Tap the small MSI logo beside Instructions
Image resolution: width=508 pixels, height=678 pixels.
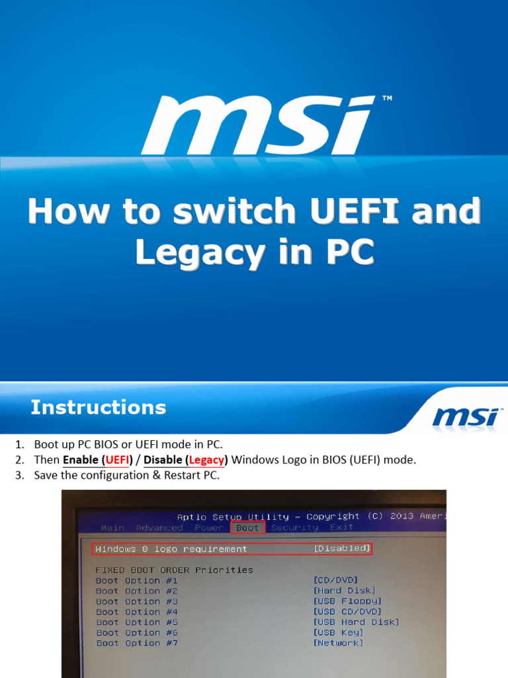[x=465, y=416]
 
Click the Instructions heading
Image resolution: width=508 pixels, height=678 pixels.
[x=99, y=407]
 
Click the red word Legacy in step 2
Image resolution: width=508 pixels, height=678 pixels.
[x=207, y=460]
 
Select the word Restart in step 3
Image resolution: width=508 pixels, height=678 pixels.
[x=182, y=475]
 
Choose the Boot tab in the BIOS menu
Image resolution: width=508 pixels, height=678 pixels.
[x=247, y=528]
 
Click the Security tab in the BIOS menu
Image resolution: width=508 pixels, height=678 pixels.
[x=294, y=528]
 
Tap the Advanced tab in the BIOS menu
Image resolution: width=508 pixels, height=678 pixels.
[x=159, y=528]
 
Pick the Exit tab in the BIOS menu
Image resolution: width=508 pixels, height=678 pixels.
[x=341, y=528]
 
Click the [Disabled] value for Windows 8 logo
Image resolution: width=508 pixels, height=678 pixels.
[x=341, y=548]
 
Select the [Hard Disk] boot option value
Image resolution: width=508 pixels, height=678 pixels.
[x=344, y=591]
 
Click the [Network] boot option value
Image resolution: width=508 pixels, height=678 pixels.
[x=338, y=643]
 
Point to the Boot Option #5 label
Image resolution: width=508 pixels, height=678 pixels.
[x=136, y=622]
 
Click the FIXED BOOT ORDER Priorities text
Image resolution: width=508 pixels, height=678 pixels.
[x=174, y=569]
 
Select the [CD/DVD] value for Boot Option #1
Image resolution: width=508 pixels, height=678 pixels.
[x=335, y=580]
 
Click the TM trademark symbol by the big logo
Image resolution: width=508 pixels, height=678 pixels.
[x=387, y=99]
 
